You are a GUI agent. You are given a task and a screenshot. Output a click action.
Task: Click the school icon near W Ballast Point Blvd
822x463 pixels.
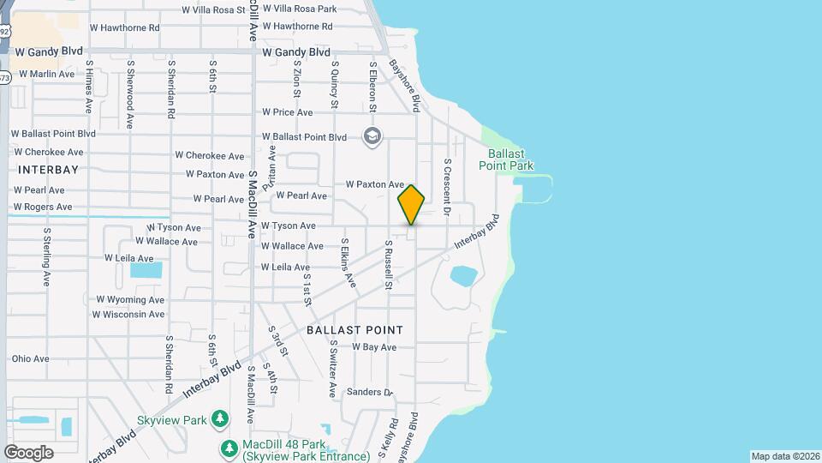pyautogui.click(x=372, y=136)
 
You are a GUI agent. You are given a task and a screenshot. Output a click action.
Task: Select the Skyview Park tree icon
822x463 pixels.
pyautogui.click(x=221, y=419)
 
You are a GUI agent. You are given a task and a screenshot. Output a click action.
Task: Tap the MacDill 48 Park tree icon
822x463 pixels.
pyautogui.click(x=229, y=448)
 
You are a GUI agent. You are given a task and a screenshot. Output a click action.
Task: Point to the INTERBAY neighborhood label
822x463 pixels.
pyautogui.click(x=40, y=170)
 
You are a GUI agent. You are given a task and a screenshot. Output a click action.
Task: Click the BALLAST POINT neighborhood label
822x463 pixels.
pyautogui.click(x=354, y=330)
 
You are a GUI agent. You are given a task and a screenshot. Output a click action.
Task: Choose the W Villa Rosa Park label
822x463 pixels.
pyautogui.click(x=300, y=9)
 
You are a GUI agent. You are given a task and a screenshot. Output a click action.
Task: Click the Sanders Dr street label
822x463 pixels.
pyautogui.click(x=368, y=393)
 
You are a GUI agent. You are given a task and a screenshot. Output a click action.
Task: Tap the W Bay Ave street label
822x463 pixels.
pyautogui.click(x=374, y=347)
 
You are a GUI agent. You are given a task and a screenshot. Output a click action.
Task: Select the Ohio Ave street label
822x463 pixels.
pyautogui.click(x=30, y=358)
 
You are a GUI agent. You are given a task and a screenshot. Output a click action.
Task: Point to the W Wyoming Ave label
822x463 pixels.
pyautogui.click(x=130, y=300)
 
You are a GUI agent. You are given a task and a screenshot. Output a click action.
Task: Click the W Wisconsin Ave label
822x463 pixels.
pyautogui.click(x=128, y=315)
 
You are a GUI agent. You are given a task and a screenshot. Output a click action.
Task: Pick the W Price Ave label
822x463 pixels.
pyautogui.click(x=287, y=112)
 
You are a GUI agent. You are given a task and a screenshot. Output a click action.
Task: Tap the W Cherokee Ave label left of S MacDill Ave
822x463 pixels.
pyautogui.click(x=210, y=156)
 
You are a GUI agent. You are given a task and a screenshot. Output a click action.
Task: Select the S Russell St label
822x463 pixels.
pyautogui.click(x=388, y=264)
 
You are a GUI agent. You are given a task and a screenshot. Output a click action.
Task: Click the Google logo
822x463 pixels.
pyautogui.click(x=28, y=452)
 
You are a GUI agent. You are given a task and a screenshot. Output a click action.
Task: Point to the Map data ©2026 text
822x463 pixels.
pyautogui.click(x=784, y=456)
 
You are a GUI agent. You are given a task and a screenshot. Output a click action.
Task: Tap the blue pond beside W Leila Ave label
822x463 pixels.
pyautogui.click(x=146, y=270)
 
